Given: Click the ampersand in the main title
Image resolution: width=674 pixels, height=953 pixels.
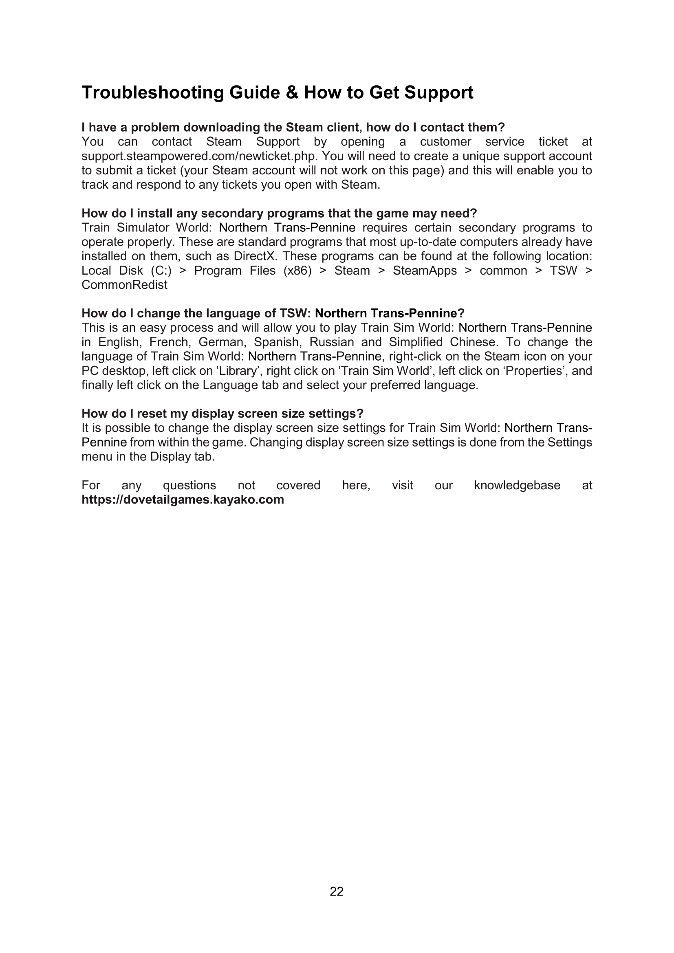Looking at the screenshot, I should (x=292, y=92).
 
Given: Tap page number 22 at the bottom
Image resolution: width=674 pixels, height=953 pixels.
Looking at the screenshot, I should (x=337, y=891).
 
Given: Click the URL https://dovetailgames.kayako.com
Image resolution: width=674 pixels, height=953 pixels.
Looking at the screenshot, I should (x=183, y=500).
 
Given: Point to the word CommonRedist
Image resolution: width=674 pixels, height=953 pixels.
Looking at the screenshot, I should (x=125, y=285).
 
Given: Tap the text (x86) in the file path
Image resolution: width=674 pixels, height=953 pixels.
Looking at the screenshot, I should (x=297, y=271).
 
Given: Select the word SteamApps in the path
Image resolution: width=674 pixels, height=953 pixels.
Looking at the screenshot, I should (x=425, y=271).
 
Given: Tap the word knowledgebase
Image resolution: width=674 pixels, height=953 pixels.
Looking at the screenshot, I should (x=517, y=485).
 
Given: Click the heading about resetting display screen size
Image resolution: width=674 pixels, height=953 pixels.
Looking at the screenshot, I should (x=222, y=414).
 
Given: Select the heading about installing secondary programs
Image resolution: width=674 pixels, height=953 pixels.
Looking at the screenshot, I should (x=279, y=213).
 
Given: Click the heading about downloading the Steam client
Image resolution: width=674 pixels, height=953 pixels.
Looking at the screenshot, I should (x=293, y=128).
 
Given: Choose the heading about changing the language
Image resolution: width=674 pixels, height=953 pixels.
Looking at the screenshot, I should (x=273, y=313).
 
